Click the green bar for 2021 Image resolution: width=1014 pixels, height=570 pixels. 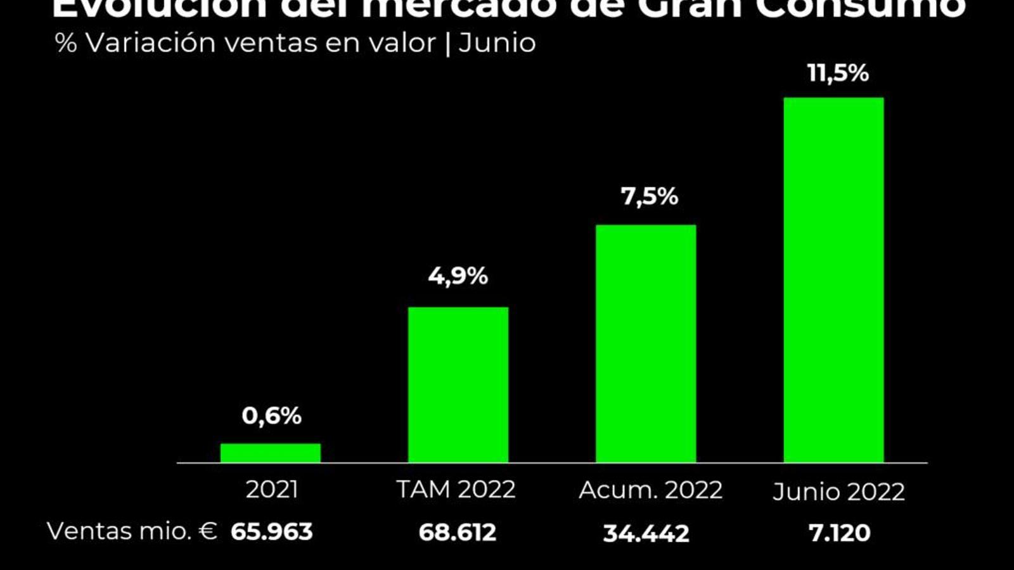tap(271, 453)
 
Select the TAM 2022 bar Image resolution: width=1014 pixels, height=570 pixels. tap(458, 384)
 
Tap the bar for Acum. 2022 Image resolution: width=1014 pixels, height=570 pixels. tap(646, 343)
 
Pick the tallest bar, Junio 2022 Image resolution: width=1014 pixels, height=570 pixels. tap(833, 279)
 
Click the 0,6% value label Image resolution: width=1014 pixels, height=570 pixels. tap(271, 416)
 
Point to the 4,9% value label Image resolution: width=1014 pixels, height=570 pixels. tap(458, 276)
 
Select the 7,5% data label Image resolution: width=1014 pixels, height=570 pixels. tap(649, 196)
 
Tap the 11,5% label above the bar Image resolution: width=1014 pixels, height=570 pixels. tap(838, 73)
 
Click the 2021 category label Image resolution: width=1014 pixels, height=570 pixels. tap(271, 490)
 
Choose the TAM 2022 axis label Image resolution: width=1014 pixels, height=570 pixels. tap(456, 490)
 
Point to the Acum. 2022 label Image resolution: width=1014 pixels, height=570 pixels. tap(650, 490)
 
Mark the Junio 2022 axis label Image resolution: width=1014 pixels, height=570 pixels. tap(838, 492)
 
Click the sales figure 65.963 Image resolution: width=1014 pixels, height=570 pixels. tap(271, 532)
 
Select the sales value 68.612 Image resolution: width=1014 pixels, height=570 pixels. tap(457, 533)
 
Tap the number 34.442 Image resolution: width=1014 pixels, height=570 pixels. tap(646, 533)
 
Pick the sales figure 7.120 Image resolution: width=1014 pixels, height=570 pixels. tap(839, 533)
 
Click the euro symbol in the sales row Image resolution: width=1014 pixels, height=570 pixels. tap(208, 531)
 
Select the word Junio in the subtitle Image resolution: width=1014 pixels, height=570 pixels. tap(497, 43)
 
